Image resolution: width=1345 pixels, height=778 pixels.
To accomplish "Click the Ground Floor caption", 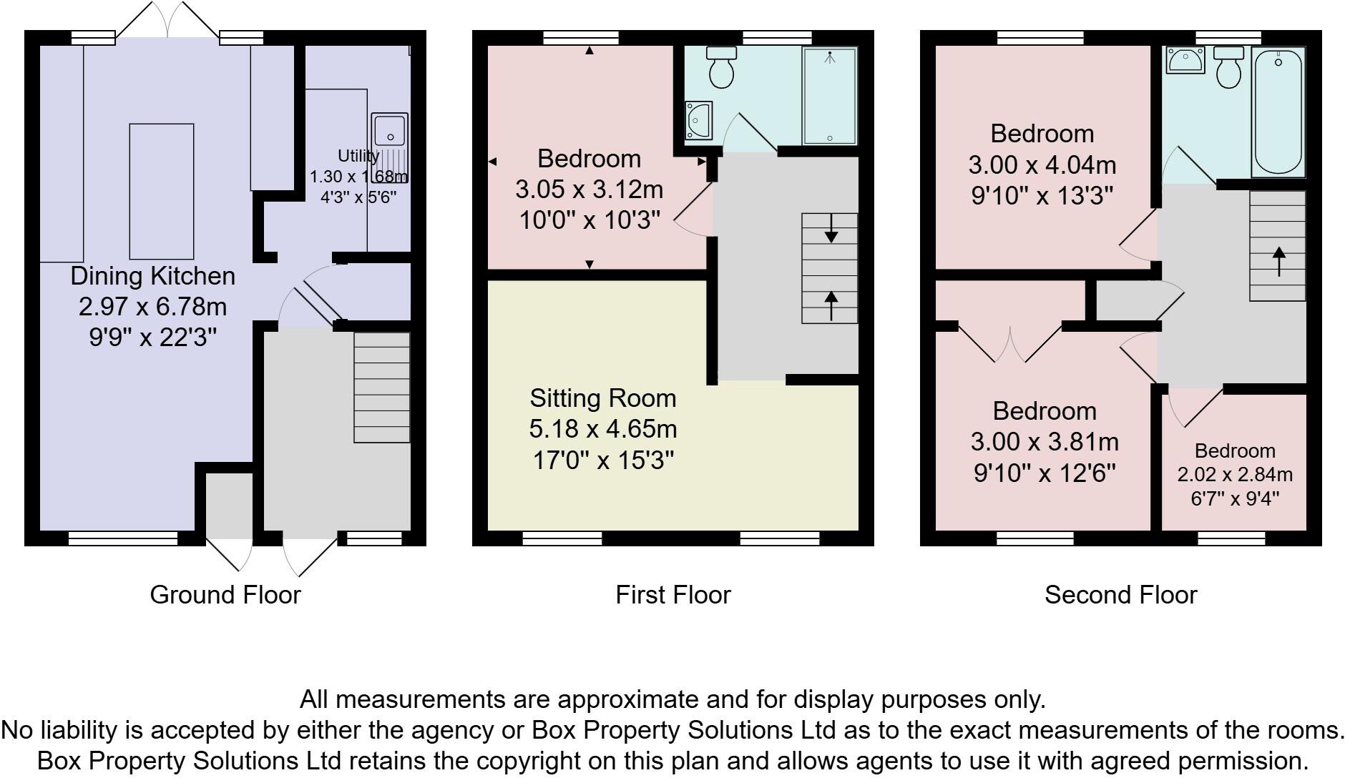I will click(x=225, y=595).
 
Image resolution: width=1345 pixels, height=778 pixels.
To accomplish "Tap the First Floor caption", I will click(x=672, y=595).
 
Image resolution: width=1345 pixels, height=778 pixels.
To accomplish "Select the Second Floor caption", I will click(x=1120, y=595).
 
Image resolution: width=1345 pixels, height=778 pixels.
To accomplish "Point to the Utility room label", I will click(x=358, y=156).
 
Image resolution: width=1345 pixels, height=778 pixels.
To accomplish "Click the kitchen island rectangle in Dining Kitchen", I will click(x=161, y=191).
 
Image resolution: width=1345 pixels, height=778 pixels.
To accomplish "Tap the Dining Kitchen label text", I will click(x=152, y=276).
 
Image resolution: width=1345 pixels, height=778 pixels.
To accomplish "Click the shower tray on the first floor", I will click(x=829, y=97).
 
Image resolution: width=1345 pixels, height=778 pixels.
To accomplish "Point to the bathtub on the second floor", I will click(x=1278, y=112).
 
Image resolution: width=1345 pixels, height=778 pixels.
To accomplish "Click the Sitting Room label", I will click(x=602, y=398).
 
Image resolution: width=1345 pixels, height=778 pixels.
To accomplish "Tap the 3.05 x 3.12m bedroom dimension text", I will click(x=589, y=189).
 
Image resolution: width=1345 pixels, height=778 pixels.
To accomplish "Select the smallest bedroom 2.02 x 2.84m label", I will click(x=1235, y=474).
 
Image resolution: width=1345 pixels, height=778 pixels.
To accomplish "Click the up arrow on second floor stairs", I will click(x=1278, y=261).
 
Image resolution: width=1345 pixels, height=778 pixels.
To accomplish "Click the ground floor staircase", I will click(x=382, y=387).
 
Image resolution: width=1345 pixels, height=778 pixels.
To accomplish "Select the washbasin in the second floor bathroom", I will click(x=1185, y=60).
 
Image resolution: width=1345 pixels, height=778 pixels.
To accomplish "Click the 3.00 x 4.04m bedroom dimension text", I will click(x=1042, y=165).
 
